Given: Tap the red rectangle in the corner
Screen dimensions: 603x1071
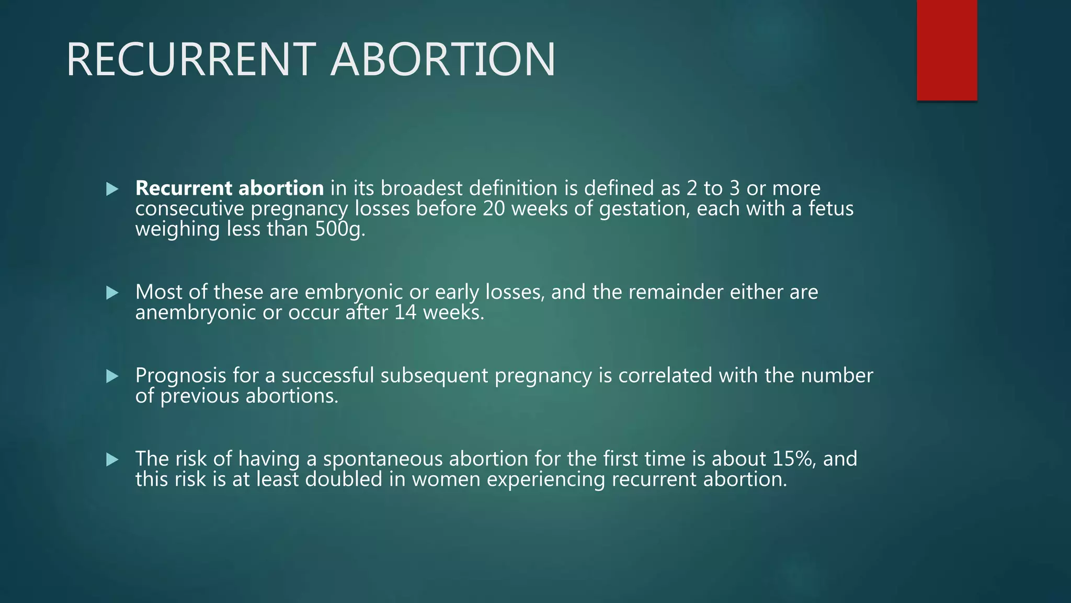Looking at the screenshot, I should click(x=947, y=50).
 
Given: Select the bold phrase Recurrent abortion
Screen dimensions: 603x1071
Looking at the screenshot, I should click(x=230, y=188).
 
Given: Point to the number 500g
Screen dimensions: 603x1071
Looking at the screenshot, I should click(x=339, y=229).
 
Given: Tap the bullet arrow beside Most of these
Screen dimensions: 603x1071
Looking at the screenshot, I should click(x=112, y=292).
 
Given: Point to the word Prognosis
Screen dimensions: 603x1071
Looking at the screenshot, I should click(x=180, y=375).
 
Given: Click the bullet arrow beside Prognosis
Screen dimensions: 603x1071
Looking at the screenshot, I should click(x=112, y=376).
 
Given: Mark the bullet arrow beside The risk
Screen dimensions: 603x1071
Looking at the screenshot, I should click(x=112, y=460).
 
